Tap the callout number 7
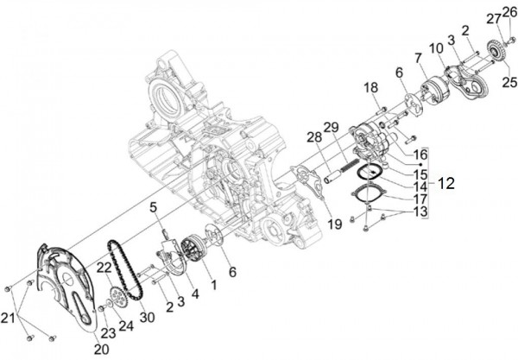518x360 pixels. coord(419,59)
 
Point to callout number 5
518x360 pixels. coord(152,206)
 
